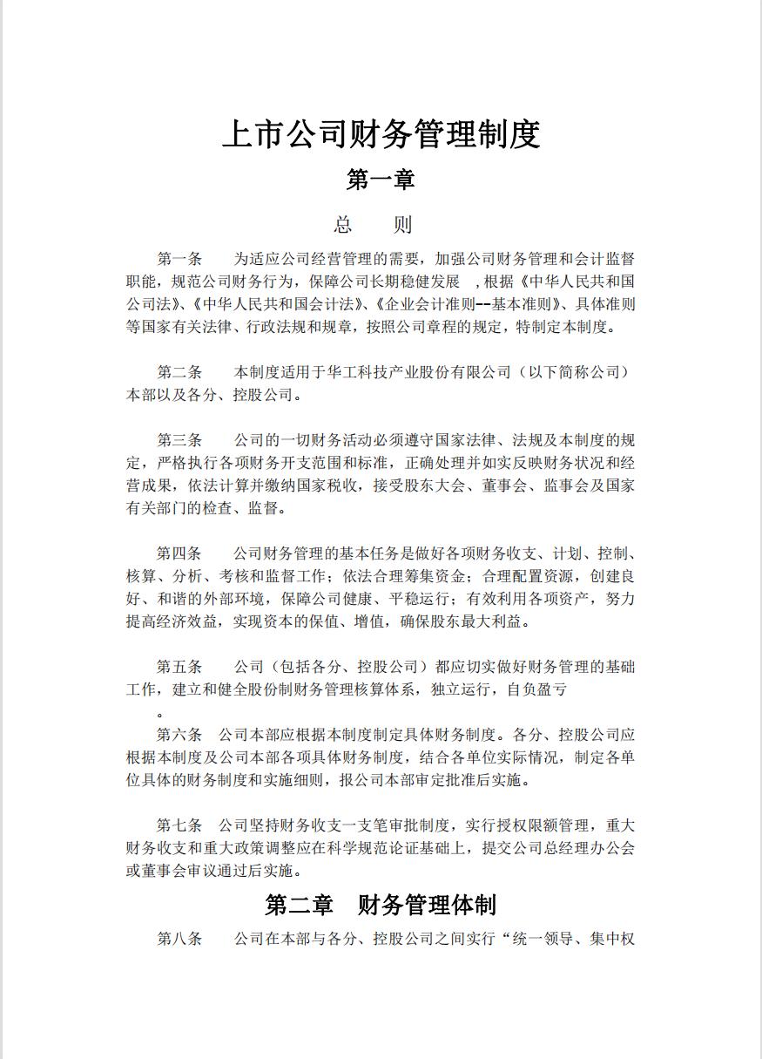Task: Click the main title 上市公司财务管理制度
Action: click(381, 135)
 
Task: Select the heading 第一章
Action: click(381, 180)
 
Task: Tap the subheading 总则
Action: click(373, 225)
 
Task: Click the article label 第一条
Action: click(179, 259)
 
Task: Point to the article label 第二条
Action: click(179, 372)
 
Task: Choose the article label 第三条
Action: click(179, 439)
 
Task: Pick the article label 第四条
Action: click(179, 553)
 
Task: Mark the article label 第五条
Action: click(179, 667)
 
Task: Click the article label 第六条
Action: click(179, 734)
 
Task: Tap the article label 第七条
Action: click(179, 825)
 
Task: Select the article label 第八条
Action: click(179, 939)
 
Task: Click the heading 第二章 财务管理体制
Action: click(381, 905)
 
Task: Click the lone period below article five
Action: click(159, 714)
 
